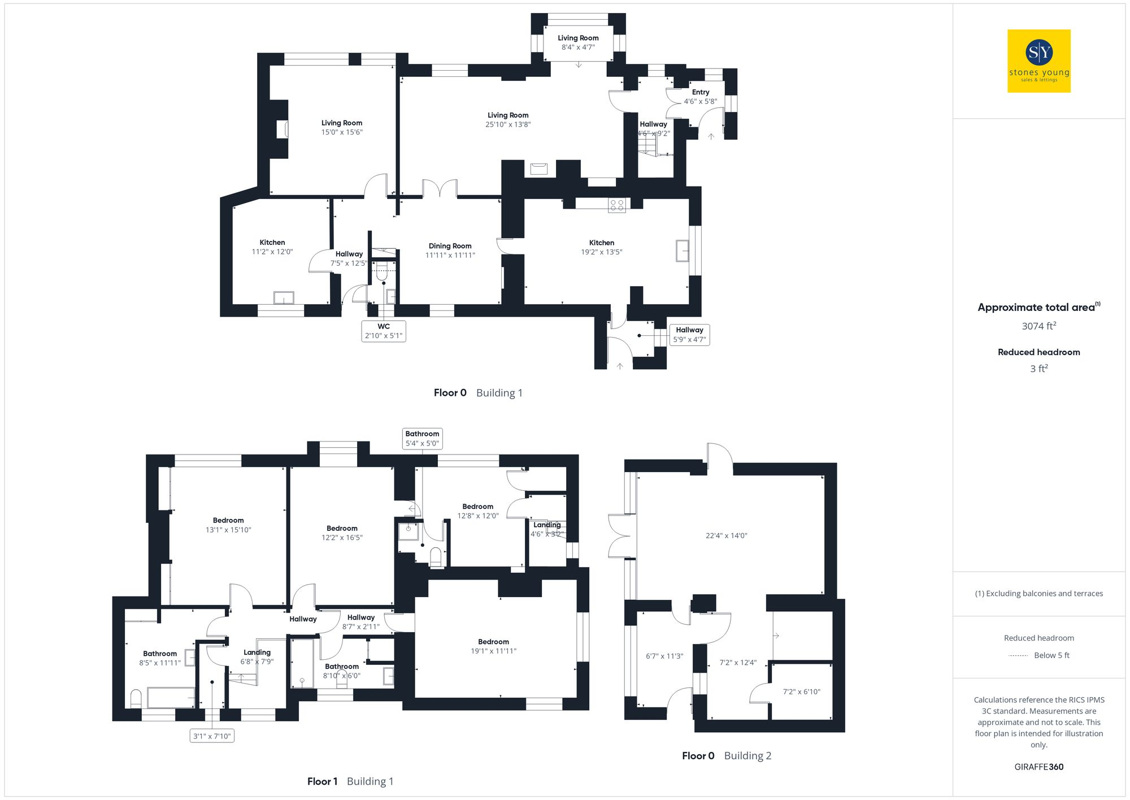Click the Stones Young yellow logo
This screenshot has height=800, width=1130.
coord(1038,61)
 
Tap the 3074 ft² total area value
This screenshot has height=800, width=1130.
coord(1038,326)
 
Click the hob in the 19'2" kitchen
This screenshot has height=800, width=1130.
coord(617,205)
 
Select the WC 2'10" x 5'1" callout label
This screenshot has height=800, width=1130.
coord(384,331)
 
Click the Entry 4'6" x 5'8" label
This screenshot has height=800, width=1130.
coord(700,97)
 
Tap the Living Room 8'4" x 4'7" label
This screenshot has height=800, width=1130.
coord(578,42)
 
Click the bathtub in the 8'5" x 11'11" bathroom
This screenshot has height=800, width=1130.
coord(171,697)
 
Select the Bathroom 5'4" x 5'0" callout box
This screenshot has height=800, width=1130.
coord(422,439)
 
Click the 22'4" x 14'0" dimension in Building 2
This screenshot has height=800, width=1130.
coord(726,535)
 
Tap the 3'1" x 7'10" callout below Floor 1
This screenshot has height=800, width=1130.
coord(212,736)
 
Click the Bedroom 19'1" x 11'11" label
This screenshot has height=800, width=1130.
coord(493,646)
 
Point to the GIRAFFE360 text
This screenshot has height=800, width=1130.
coord(1038,767)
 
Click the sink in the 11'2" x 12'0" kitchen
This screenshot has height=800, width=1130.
coord(284,297)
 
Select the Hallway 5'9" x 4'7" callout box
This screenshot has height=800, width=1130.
coord(689,335)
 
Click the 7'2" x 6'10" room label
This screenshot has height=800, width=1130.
coord(801,691)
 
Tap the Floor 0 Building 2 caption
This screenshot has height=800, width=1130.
coord(726,755)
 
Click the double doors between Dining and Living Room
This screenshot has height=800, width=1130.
coord(440,189)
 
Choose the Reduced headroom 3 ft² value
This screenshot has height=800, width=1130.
coord(1038,369)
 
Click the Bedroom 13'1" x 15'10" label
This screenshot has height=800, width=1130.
coord(228,525)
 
